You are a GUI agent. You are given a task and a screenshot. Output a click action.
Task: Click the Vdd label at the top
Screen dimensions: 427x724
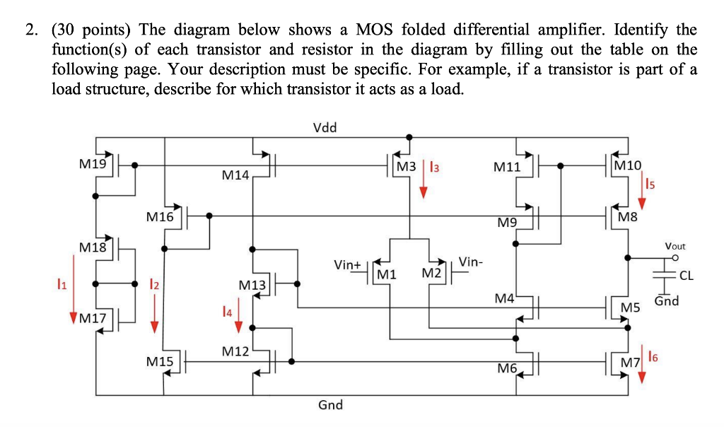(325, 128)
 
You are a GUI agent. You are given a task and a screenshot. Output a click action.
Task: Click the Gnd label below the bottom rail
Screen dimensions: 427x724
(330, 405)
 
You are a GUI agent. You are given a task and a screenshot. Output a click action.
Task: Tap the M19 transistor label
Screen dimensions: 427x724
(93, 164)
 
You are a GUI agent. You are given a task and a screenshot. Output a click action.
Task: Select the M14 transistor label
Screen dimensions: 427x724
(235, 174)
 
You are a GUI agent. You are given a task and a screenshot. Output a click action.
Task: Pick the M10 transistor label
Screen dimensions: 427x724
(628, 165)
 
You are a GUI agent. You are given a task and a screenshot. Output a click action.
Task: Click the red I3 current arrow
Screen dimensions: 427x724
(423, 180)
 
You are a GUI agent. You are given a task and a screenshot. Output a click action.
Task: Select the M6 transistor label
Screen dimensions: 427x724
(507, 368)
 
